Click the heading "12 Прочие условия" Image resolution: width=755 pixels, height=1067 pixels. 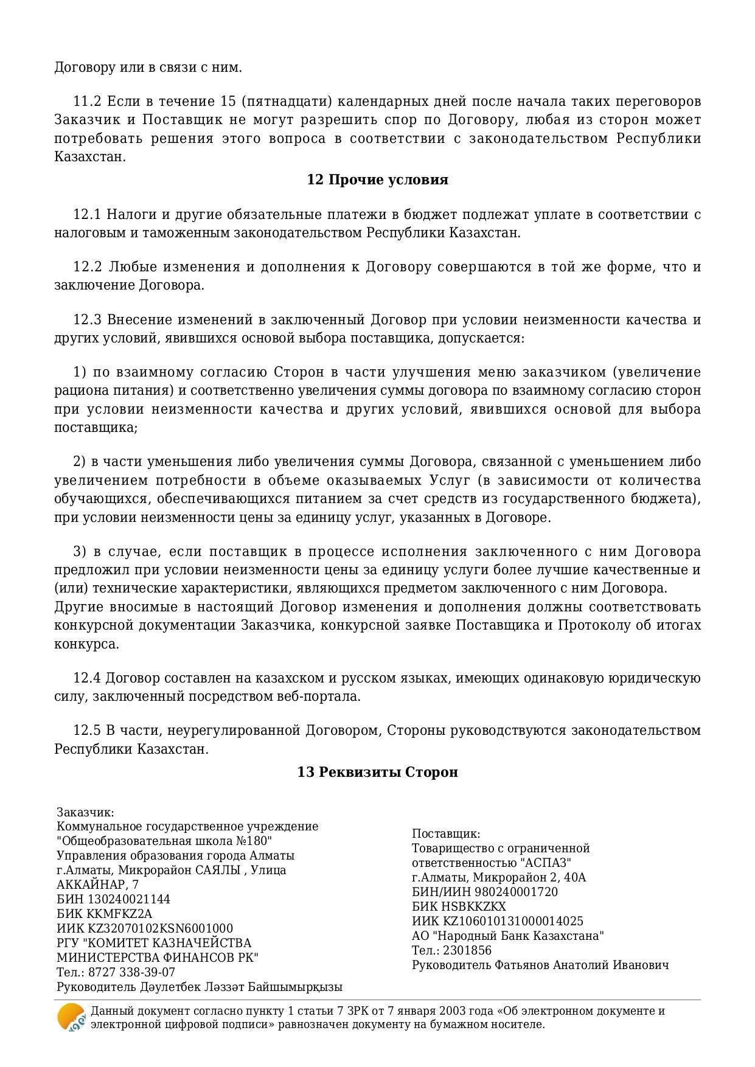[377, 180]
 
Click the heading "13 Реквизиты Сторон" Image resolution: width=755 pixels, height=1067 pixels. [377, 772]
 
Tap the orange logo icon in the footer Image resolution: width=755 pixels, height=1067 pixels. [71, 1017]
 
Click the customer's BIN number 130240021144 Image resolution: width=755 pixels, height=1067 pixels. [129, 899]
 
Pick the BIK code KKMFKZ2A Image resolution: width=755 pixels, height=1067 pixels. [119, 914]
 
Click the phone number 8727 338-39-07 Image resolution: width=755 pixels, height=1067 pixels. [132, 972]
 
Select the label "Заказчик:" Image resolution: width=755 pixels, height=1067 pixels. [85, 812]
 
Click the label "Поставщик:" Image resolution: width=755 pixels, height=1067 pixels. [446, 833]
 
